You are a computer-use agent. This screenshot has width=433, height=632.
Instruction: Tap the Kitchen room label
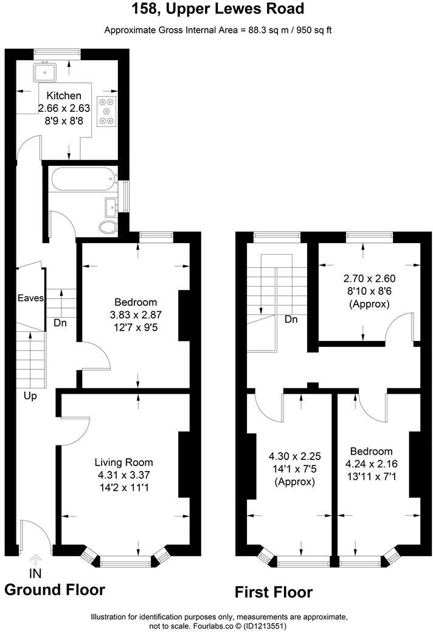point(64,95)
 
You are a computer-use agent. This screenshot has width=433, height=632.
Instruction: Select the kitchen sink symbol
point(44,73)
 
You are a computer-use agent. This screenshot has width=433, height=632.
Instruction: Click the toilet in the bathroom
point(108,227)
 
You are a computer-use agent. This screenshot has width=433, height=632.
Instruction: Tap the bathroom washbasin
point(112,206)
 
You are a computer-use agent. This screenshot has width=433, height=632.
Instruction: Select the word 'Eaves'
point(30,298)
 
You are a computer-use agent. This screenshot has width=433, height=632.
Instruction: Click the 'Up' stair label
point(30,396)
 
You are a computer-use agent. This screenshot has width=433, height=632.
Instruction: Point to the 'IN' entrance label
point(35,573)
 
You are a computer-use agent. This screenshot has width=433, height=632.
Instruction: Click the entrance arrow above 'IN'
point(35,560)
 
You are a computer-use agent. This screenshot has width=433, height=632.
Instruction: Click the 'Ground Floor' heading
point(55,589)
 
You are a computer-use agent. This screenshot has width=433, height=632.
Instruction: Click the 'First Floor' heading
point(274,592)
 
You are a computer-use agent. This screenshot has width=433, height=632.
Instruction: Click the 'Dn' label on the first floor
point(291,320)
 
